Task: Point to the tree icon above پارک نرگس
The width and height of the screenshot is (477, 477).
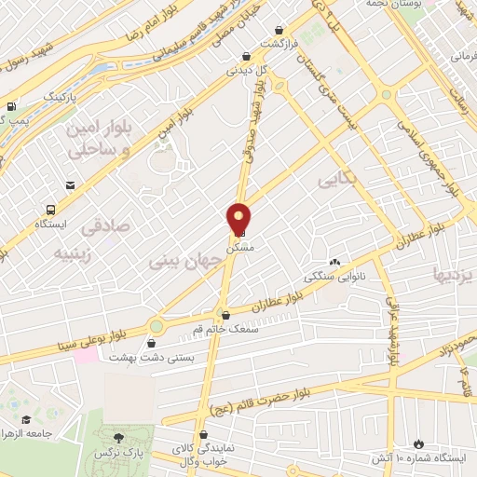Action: (117, 437)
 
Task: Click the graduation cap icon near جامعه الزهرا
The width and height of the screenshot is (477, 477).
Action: (28, 420)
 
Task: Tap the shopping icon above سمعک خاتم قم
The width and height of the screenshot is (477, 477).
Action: (225, 316)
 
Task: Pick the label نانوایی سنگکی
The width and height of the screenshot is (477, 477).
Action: (335, 277)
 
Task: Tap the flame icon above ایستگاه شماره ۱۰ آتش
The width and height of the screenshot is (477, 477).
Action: (418, 443)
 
